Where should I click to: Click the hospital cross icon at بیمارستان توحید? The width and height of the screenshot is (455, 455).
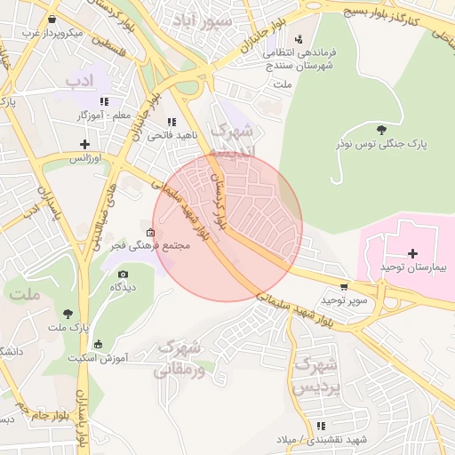tap(412, 253)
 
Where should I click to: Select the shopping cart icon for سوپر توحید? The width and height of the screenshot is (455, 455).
tap(344, 287)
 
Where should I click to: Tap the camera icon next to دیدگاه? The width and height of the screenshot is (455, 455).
tap(123, 274)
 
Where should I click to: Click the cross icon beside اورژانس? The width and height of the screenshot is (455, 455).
tap(85, 144)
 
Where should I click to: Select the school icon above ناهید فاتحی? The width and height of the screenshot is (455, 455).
tap(171, 122)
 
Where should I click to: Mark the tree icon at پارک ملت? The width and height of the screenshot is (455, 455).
tap(68, 313)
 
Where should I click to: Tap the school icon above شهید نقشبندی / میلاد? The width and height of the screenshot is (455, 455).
tap(320, 427)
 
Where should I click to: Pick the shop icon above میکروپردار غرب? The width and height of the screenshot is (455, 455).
tap(53, 19)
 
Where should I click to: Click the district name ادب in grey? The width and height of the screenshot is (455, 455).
tap(79, 83)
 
